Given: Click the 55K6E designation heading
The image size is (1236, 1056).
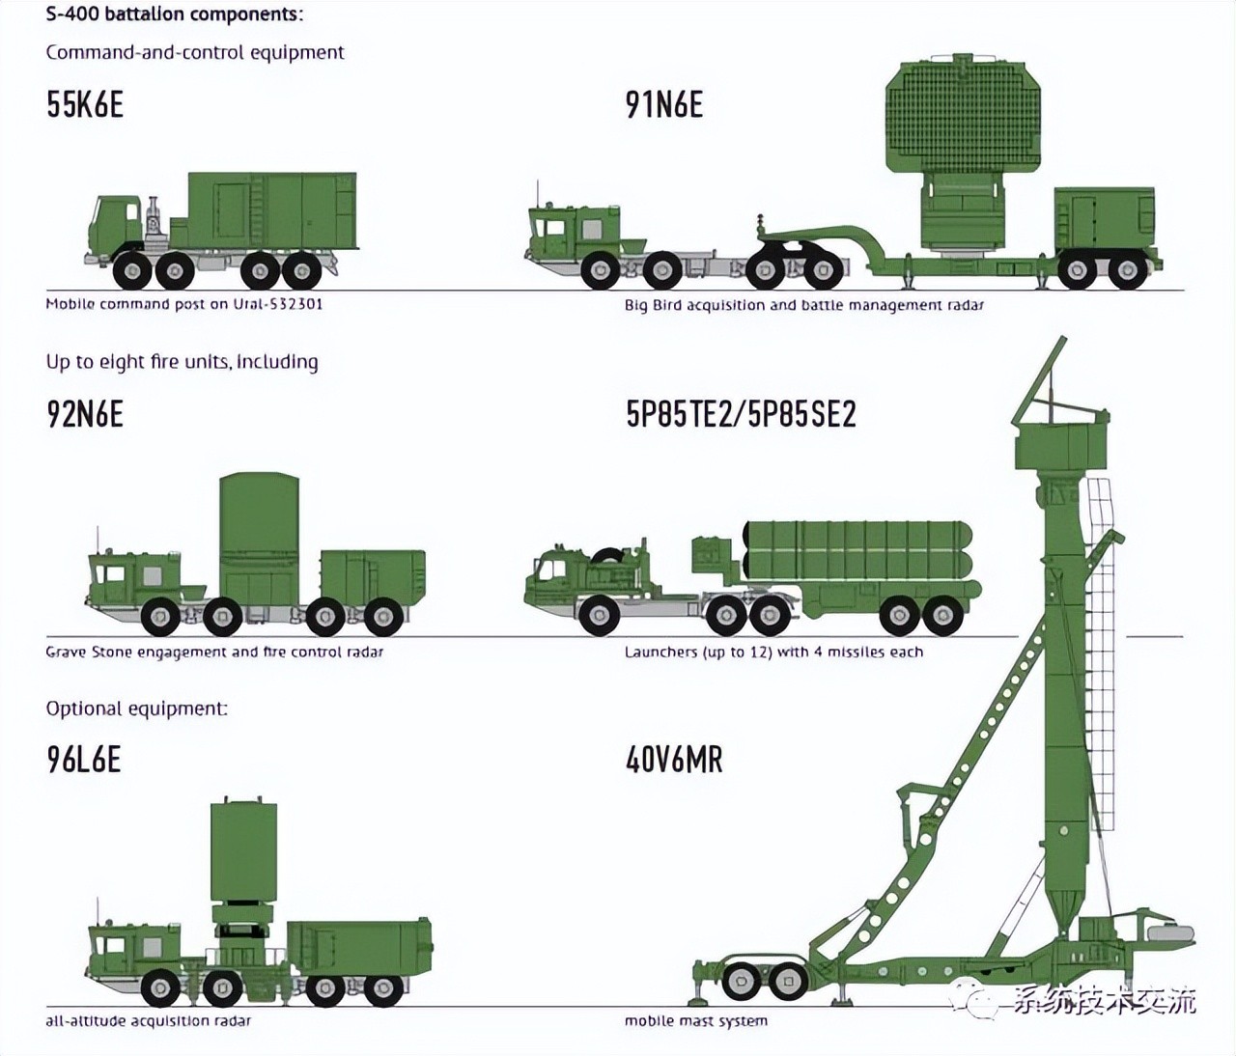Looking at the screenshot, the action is tap(85, 104).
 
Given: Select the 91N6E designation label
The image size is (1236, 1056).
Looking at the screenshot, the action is tap(663, 104).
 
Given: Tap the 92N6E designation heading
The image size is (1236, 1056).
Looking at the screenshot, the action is tap(85, 414).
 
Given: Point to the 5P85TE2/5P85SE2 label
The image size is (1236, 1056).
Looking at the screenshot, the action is tap(741, 414).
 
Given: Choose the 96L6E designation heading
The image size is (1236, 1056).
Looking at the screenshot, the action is tap(84, 759).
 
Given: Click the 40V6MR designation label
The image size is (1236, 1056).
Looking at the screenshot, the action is tap(674, 759).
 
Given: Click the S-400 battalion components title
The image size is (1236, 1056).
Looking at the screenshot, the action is tap(175, 14).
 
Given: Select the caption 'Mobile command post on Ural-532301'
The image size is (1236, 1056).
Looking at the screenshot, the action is tap(184, 304).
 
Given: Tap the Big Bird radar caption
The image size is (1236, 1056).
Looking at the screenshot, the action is tap(803, 305).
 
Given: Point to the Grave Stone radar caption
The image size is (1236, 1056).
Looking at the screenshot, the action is tap(214, 652).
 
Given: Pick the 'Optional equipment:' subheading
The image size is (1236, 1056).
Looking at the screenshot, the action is tap(136, 709).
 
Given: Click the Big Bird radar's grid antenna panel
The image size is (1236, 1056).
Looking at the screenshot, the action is tap(964, 119).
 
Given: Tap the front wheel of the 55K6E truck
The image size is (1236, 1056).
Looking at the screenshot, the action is tap(132, 270).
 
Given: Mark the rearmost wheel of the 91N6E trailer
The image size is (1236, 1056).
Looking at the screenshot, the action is tap(1128, 270).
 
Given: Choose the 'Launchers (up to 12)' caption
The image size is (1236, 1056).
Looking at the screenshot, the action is tap(773, 652).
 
